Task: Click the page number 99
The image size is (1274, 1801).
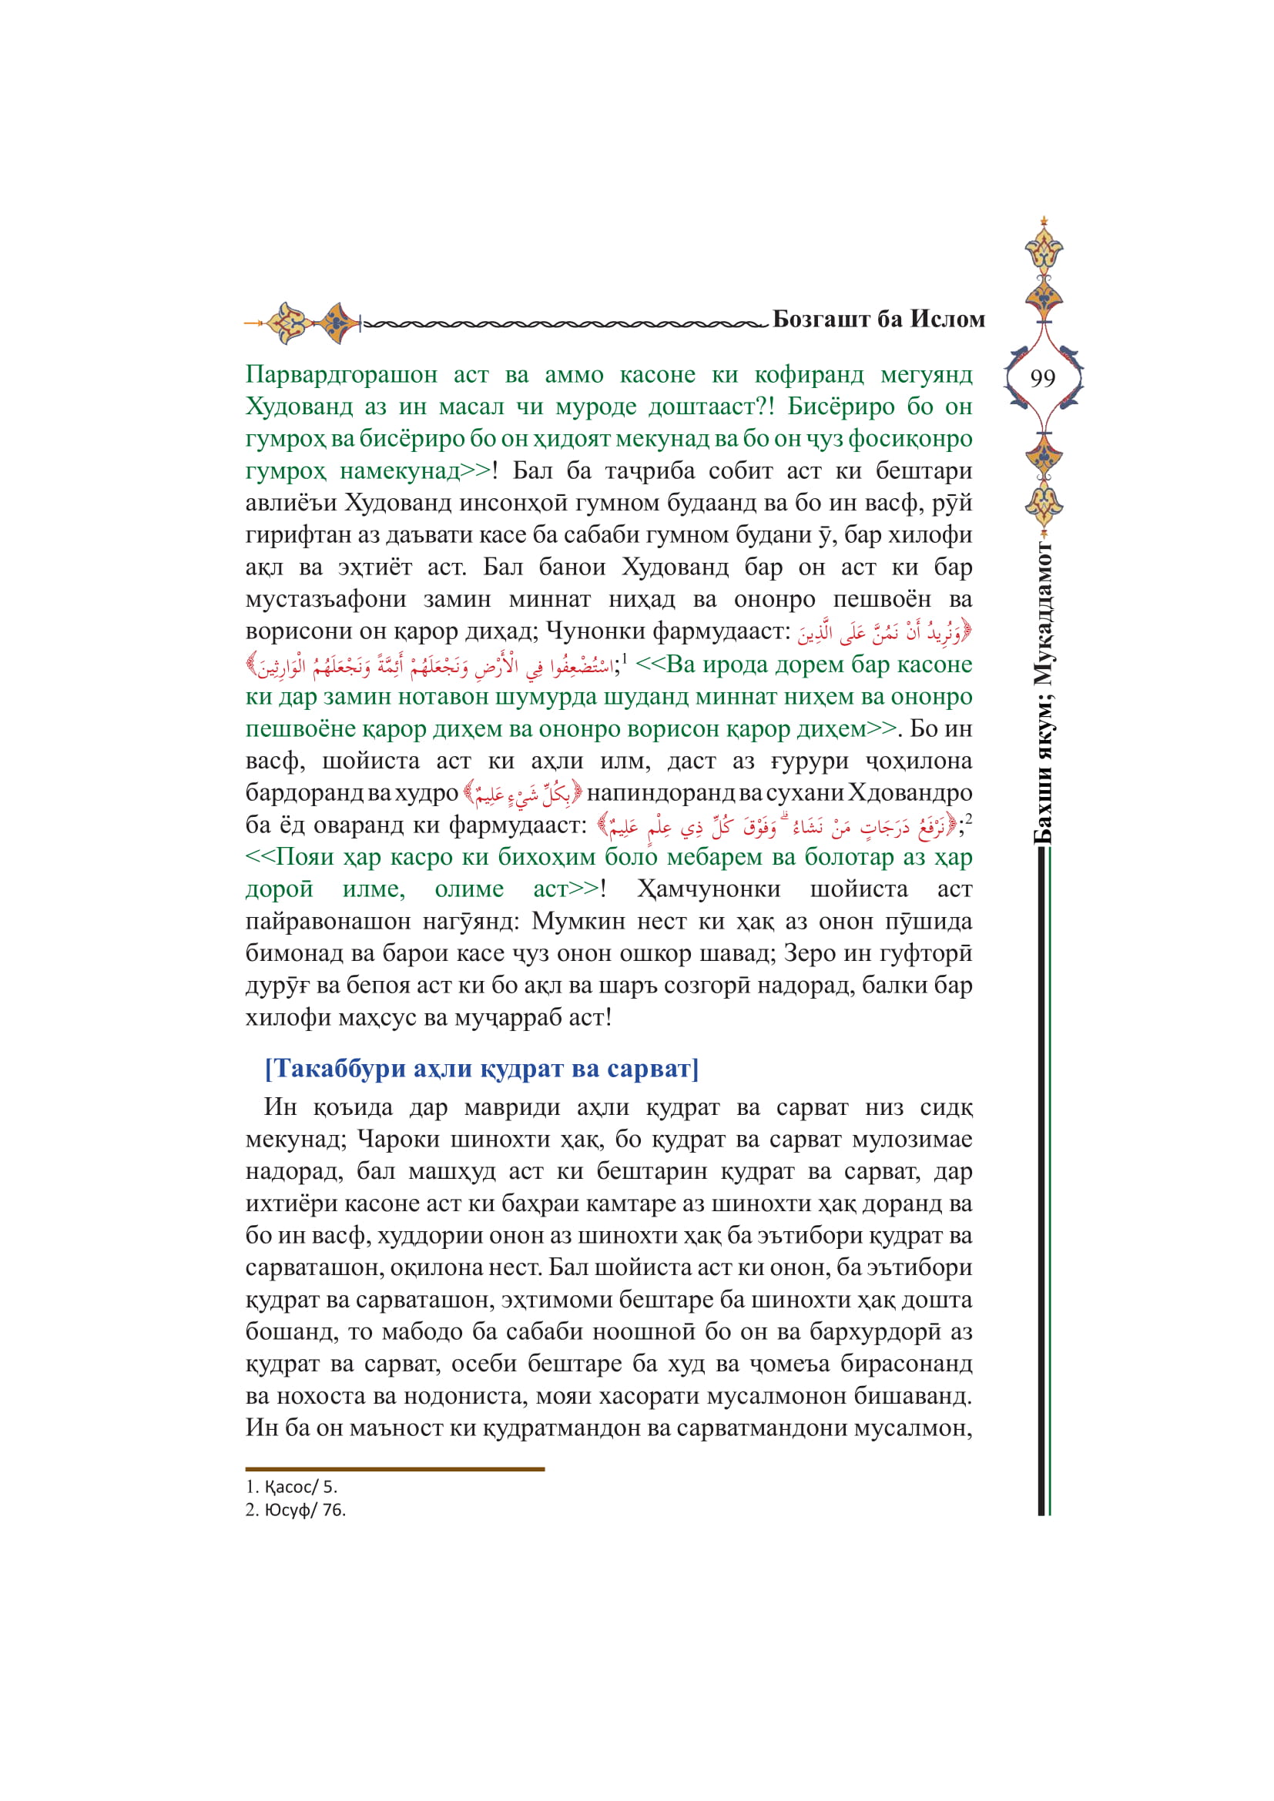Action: [x=1043, y=379]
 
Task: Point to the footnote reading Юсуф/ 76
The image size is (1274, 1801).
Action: [x=295, y=1510]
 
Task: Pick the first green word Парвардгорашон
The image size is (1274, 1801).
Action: [x=341, y=374]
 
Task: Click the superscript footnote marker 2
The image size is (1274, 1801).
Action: [x=969, y=820]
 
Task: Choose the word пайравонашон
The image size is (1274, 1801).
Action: [x=327, y=921]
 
